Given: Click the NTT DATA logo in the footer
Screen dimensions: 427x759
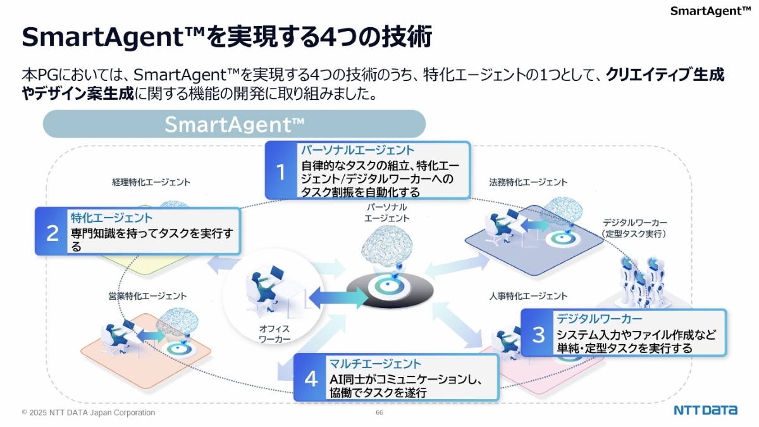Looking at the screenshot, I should click(705, 410).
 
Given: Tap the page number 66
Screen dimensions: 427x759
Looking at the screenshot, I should click(379, 413).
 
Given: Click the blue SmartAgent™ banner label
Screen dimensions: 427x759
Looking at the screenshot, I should click(234, 124).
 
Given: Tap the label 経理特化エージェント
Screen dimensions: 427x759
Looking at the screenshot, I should click(151, 182).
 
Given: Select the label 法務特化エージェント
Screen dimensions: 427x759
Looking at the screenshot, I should click(528, 182).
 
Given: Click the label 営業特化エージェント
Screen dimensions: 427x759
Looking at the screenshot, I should click(147, 295).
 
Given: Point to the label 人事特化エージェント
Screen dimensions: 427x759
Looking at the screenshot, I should click(528, 295).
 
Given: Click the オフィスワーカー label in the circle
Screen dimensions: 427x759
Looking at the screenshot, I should click(275, 334).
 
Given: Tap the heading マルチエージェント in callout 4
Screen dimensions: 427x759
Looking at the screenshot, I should click(375, 364).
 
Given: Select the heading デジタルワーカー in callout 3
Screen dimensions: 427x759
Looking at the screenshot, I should click(599, 318).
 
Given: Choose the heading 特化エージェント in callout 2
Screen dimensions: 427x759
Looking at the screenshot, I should click(111, 218).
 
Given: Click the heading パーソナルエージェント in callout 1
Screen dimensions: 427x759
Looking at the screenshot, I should click(357, 151).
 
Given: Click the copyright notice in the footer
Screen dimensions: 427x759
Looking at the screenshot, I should click(88, 412).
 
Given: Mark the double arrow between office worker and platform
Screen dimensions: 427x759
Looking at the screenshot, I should click(337, 297).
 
